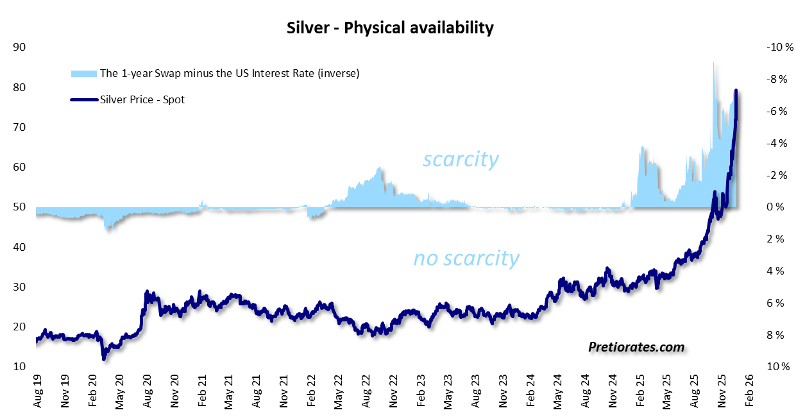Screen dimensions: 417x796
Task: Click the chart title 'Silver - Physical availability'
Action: click(x=389, y=28)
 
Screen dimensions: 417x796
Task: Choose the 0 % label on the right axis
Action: click(x=775, y=207)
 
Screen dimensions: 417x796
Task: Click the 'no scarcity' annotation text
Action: click(x=466, y=258)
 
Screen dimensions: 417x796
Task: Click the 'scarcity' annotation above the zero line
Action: click(x=460, y=159)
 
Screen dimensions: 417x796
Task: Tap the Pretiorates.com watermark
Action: click(x=636, y=347)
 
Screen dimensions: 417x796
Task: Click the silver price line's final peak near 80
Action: click(x=736, y=91)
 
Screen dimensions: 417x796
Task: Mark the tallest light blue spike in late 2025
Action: click(x=713, y=63)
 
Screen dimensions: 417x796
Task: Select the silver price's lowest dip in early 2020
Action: click(x=104, y=358)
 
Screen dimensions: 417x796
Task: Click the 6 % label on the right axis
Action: click(x=775, y=303)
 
